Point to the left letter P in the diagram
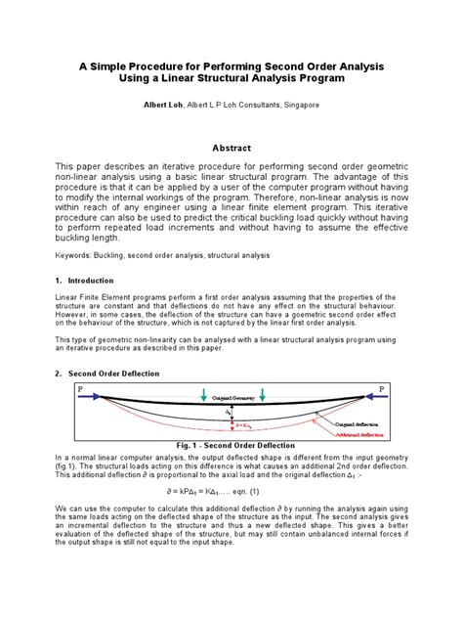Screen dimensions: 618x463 coord(79,387)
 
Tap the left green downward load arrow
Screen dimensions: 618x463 coord(201,394)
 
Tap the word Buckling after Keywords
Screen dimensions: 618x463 coord(114,254)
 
